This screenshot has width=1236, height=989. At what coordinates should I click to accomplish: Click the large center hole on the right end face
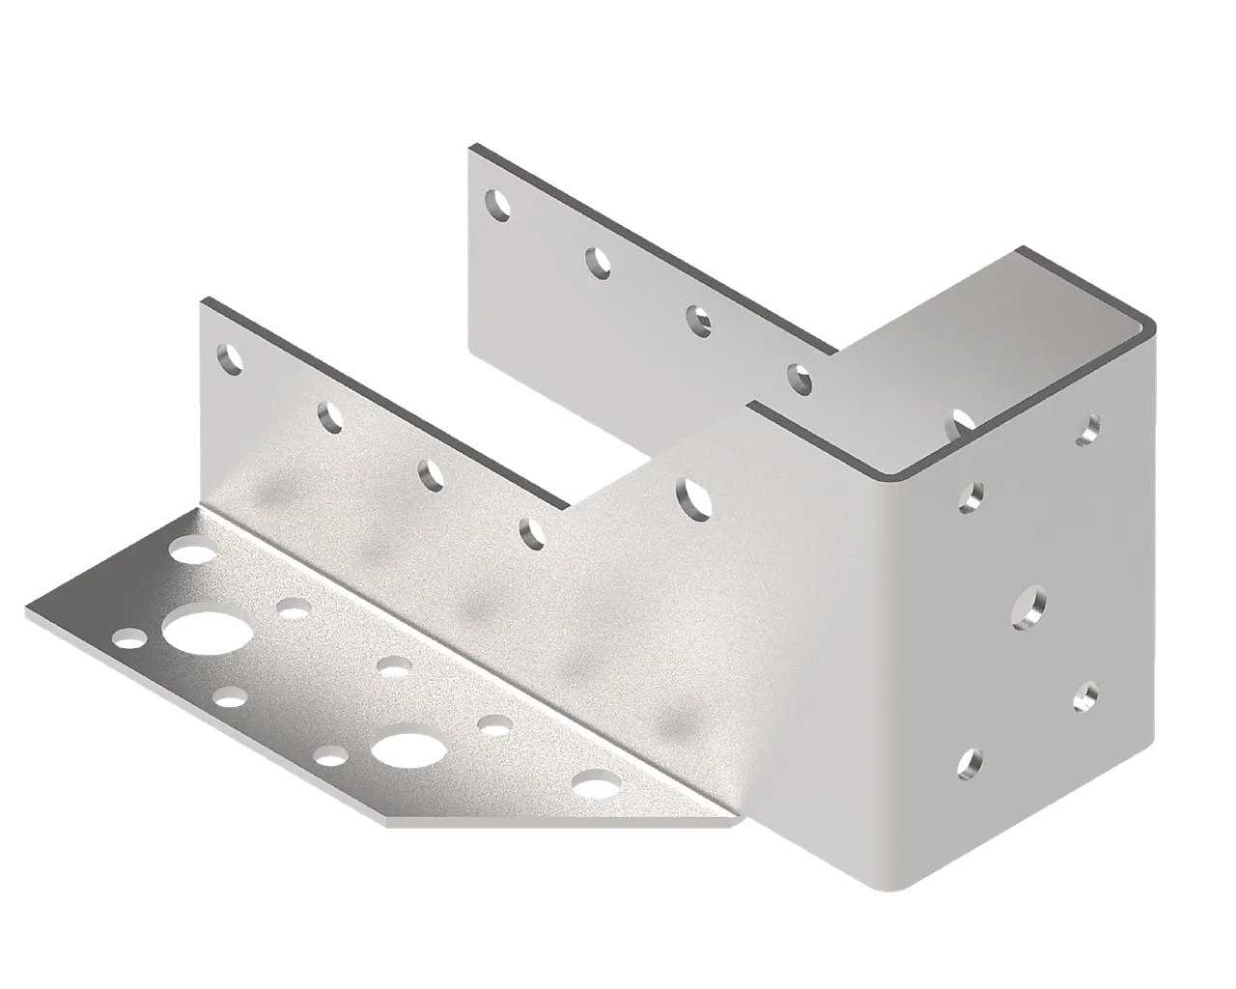1029,607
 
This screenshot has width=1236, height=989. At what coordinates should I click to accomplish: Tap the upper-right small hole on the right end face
1090,430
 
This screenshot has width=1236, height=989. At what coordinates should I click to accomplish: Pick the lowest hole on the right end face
969,764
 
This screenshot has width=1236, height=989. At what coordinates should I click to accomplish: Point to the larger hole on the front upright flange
693,496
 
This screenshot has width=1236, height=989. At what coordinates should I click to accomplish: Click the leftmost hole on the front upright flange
229,359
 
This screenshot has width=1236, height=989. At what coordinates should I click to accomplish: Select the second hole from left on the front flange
329,416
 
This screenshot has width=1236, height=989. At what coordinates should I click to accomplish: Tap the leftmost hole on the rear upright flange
498,204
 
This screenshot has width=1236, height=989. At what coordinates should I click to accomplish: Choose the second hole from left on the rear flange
599,261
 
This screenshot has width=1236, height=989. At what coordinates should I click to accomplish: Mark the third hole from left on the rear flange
698,318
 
